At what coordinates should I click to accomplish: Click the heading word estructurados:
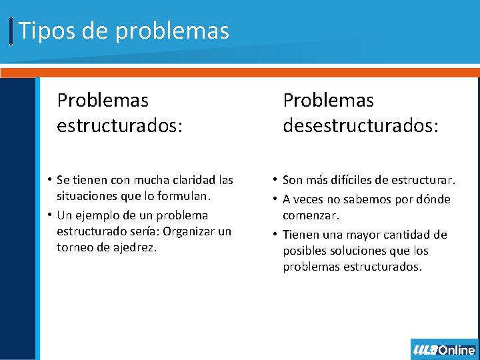point(119,126)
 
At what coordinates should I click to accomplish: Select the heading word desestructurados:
point(361,126)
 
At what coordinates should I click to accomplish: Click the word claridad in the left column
point(193,180)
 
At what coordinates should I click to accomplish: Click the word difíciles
point(351,180)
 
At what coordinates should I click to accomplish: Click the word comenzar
point(311,216)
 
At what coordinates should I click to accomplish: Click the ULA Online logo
point(444,349)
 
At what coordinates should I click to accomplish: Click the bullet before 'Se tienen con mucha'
point(50,180)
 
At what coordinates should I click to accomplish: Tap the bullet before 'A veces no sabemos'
point(275,199)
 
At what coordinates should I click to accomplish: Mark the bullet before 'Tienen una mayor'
point(275,235)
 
